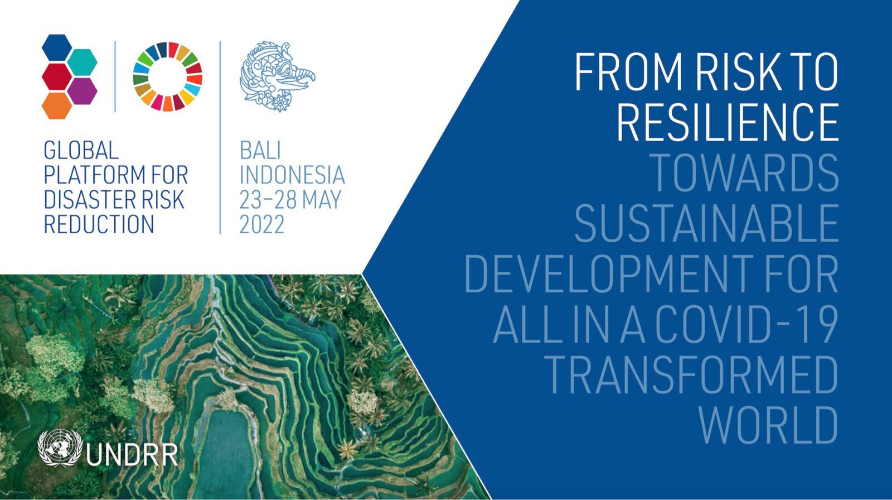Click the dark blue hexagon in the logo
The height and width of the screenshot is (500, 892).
point(57,48)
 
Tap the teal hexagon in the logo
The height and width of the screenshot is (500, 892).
point(82,62)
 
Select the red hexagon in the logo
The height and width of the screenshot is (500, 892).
point(57,76)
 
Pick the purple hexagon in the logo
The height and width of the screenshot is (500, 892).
point(82,92)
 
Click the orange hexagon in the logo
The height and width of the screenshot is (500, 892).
point(57,105)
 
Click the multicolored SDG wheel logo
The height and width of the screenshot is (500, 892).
point(168,76)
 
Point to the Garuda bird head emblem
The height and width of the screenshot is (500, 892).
point(277,76)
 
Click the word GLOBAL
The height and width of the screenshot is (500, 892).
point(81,150)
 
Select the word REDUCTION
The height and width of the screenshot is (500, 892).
point(99,224)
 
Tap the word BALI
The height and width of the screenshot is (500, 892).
point(260,150)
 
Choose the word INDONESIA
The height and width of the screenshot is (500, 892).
point(292,175)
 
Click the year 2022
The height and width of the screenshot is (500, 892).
point(262,224)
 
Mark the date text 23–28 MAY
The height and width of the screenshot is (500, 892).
point(290,199)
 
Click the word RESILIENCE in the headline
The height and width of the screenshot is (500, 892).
point(728,122)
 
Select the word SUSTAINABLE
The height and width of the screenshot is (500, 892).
point(707,223)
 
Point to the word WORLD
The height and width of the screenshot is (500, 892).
point(769,425)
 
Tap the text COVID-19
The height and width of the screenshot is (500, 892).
point(747,324)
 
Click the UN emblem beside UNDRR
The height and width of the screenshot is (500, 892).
point(60,448)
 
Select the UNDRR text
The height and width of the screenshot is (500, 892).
point(132,455)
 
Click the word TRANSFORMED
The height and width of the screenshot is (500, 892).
point(692,374)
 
